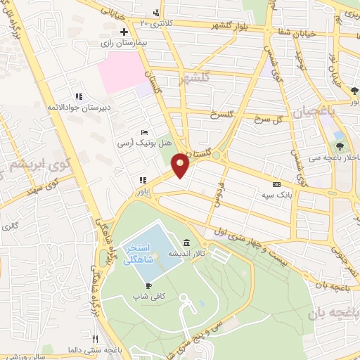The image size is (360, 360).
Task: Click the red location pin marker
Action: click(181, 165)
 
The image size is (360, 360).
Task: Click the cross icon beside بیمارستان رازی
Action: click(124, 32)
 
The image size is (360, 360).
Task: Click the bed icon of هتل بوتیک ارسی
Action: click(144, 132)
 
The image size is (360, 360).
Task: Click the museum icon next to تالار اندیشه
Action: click(186, 243)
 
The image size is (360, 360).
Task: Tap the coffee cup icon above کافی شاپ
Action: click(148, 285)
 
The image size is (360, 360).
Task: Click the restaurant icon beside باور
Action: click(143, 180)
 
